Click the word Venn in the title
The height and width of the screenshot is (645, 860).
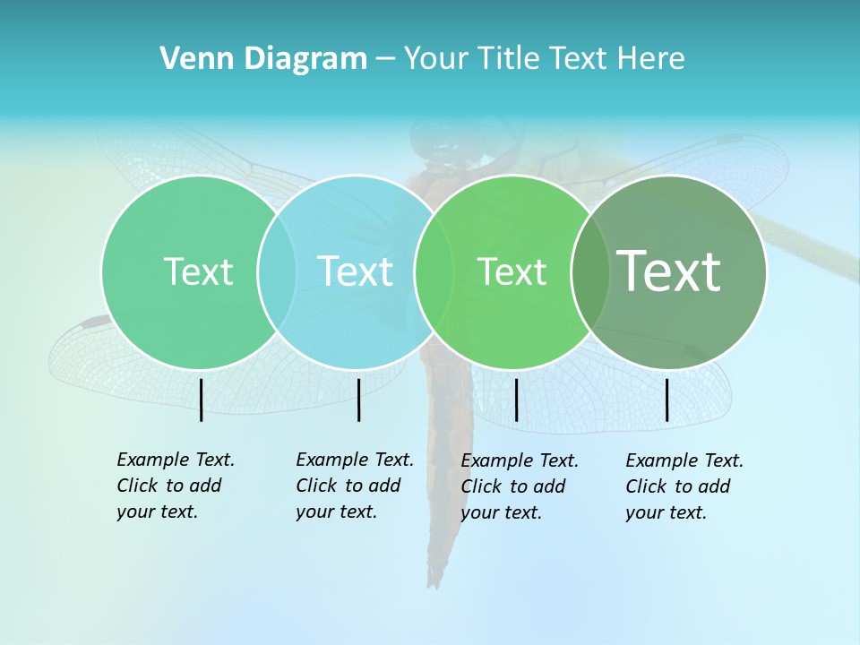click(x=191, y=59)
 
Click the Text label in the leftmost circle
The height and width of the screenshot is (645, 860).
click(x=198, y=271)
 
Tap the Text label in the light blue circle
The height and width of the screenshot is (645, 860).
click(x=355, y=271)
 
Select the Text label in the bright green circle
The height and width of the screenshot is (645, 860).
click(x=512, y=272)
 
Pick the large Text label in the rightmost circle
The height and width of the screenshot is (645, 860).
click(x=669, y=271)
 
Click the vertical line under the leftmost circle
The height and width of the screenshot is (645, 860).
click(x=201, y=400)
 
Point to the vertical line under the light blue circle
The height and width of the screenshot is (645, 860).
click(x=358, y=400)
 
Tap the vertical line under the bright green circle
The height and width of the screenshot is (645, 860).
click(x=516, y=400)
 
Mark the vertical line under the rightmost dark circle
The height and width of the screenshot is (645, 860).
click(x=667, y=400)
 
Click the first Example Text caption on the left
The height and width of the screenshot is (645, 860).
click(x=175, y=486)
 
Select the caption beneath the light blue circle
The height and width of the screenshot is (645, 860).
click(x=354, y=486)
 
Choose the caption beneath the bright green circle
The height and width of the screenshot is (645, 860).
click(x=519, y=486)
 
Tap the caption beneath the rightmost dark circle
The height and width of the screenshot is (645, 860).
click(x=684, y=486)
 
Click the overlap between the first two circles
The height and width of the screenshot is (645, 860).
click(x=277, y=271)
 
